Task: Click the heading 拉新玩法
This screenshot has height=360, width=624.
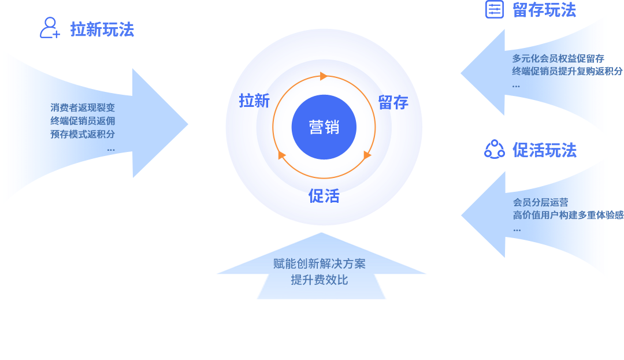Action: (x=102, y=29)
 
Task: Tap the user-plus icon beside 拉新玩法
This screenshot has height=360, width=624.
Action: (x=50, y=28)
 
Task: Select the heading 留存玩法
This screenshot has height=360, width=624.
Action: (x=544, y=10)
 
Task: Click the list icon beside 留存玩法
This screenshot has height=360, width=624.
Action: (x=494, y=9)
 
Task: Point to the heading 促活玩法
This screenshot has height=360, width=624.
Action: (x=544, y=150)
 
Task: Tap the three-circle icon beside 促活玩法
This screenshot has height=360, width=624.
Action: (x=494, y=150)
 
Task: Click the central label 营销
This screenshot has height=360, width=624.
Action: (x=324, y=127)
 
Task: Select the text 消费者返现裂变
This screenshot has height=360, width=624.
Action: (x=83, y=107)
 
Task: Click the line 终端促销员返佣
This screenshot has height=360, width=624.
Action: (x=83, y=121)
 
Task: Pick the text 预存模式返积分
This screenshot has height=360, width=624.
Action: (x=83, y=134)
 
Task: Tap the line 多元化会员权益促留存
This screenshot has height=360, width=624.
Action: (x=558, y=58)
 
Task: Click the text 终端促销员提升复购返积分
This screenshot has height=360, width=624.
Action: (x=567, y=71)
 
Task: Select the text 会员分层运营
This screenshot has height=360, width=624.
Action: (x=541, y=202)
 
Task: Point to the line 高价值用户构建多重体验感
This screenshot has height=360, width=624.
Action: (x=568, y=215)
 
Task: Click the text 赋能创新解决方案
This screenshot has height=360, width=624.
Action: (x=320, y=264)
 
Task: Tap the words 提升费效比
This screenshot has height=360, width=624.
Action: (x=320, y=280)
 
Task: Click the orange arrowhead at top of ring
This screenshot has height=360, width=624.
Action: (x=324, y=76)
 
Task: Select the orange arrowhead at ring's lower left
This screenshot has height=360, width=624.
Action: (x=282, y=155)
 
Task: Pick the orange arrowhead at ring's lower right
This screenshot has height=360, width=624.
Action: (x=367, y=155)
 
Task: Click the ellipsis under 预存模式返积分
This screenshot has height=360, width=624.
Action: (x=111, y=149)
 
